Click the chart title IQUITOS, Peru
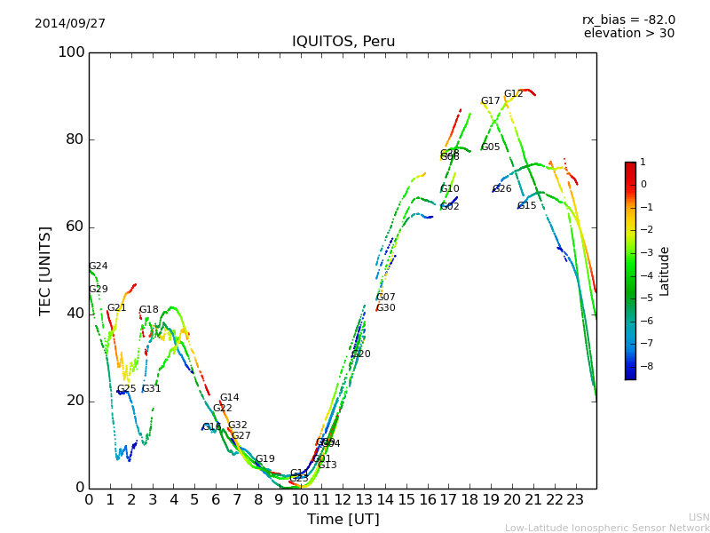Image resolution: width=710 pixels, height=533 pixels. [x=343, y=42]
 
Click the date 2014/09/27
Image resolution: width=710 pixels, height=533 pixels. [x=70, y=24]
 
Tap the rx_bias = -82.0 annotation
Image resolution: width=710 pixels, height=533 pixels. [x=628, y=20]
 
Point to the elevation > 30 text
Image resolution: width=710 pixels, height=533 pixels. [x=628, y=34]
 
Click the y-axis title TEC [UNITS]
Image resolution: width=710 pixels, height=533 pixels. [x=45, y=270]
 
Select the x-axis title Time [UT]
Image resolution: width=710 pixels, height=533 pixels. [x=343, y=520]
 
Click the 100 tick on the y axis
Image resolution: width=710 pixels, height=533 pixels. [x=71, y=52]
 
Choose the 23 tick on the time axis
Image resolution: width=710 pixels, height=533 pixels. [x=575, y=500]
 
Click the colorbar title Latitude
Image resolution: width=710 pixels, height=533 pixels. [x=664, y=271]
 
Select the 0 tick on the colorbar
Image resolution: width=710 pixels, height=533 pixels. [x=643, y=185]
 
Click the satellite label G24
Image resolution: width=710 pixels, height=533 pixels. [x=98, y=266]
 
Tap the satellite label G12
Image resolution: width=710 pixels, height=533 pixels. [x=513, y=94]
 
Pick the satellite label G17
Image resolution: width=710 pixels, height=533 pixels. [x=490, y=101]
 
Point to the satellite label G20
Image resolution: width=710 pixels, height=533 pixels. [x=361, y=354]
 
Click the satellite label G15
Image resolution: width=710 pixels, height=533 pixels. [x=526, y=206]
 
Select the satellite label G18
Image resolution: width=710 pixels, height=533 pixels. [x=148, y=310]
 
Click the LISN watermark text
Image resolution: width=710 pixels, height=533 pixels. [x=698, y=517]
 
